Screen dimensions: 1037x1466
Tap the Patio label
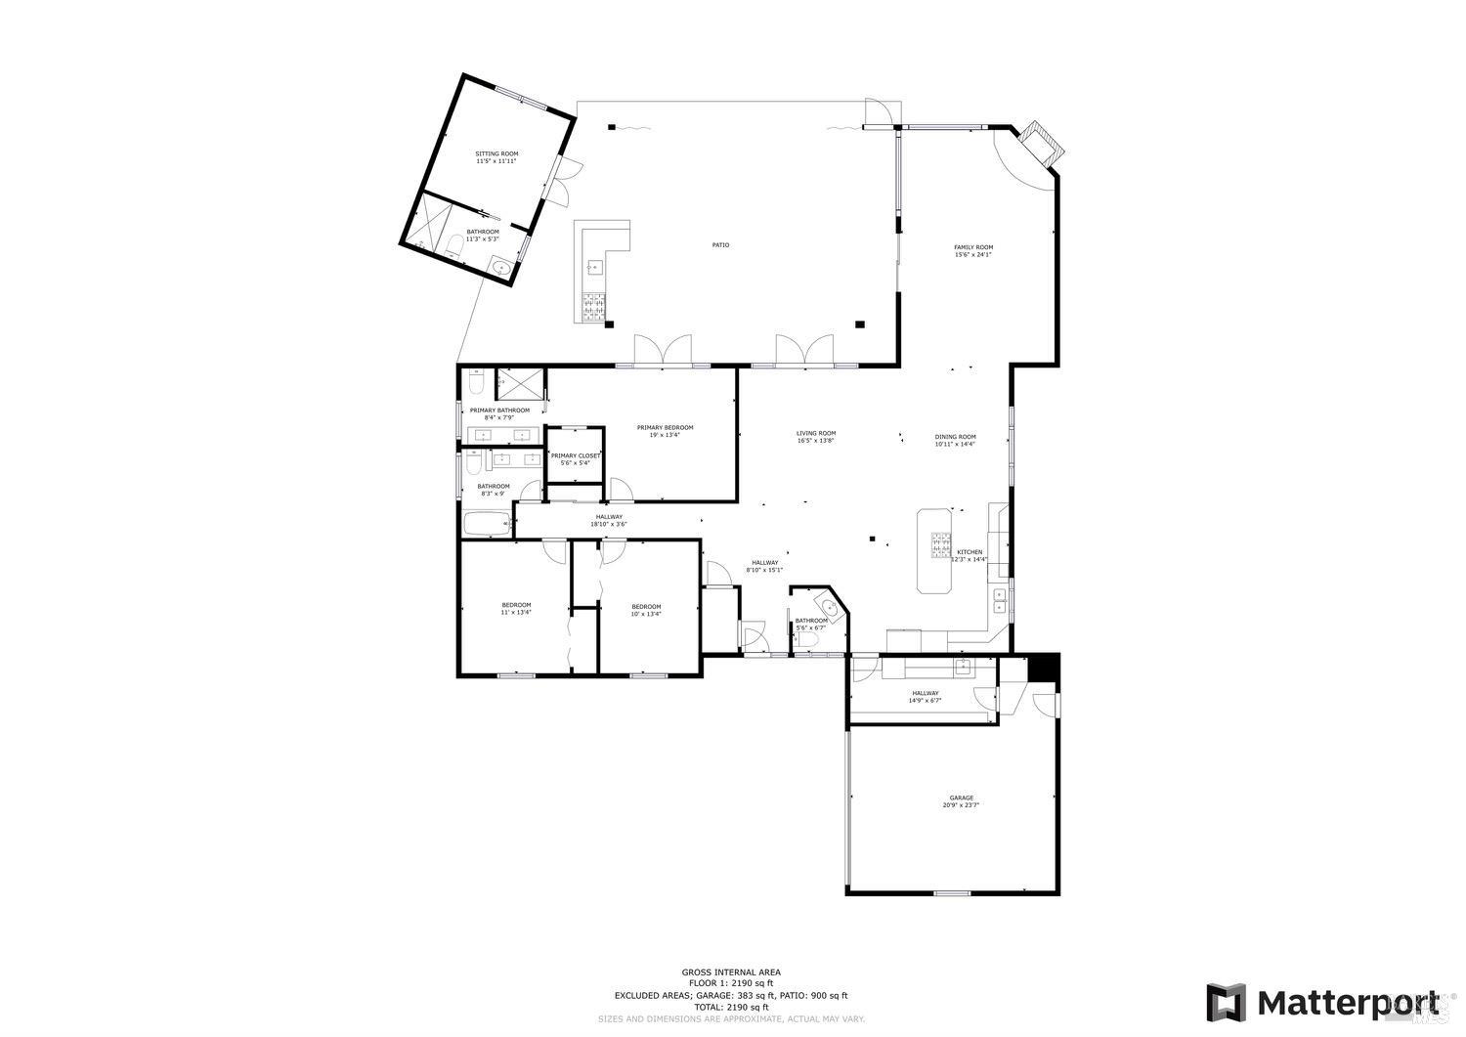click(x=720, y=245)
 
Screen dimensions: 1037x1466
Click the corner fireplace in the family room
click(x=1040, y=145)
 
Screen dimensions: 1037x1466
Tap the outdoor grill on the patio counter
click(x=594, y=308)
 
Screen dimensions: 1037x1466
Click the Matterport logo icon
click(x=1226, y=1003)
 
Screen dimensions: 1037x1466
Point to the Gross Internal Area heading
click(x=731, y=972)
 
